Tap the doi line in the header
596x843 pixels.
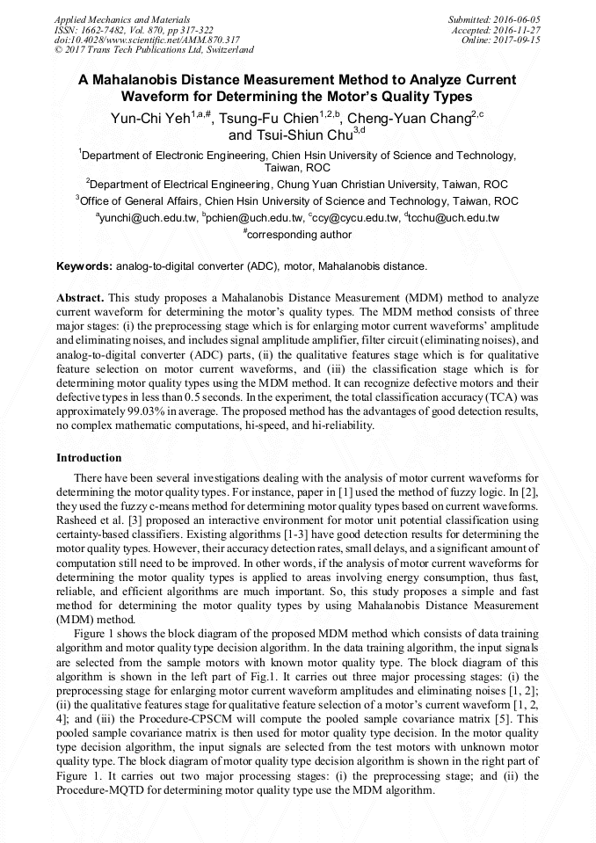(147, 40)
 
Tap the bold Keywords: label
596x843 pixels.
(84, 266)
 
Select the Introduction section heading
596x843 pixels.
(89, 458)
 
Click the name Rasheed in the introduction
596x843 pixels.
(77, 521)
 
